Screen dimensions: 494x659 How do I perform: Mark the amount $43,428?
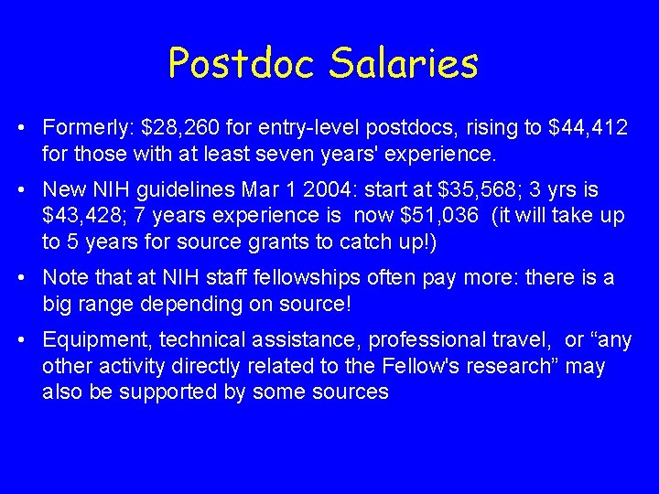coord(85,216)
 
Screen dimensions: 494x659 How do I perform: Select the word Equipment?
coord(99,340)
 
